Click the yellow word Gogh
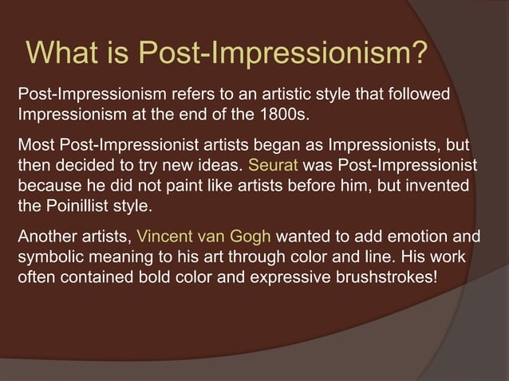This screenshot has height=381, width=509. tap(249, 237)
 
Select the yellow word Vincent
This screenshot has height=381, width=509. tap(165, 237)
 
